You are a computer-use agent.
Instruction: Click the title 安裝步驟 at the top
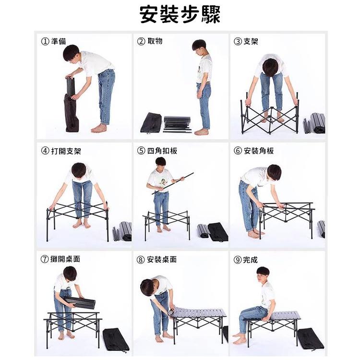(x=180, y=14)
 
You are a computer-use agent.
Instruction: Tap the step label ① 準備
(x=53, y=41)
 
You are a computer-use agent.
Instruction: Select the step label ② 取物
(x=150, y=41)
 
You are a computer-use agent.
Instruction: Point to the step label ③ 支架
(x=246, y=41)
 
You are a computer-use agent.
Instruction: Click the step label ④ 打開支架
(x=61, y=151)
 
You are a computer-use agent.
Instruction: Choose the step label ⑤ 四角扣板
(x=157, y=151)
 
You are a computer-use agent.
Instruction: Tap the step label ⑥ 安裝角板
(x=254, y=151)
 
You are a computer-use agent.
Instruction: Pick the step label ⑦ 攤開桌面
(x=60, y=259)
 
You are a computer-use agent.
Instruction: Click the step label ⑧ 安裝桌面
(x=156, y=260)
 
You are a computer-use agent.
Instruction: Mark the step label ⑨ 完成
(x=245, y=260)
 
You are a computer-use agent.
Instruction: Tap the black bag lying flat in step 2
(x=151, y=122)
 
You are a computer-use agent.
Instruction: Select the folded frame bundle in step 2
(x=177, y=124)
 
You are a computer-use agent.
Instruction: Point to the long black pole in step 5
(x=173, y=183)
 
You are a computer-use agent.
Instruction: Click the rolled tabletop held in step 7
(x=79, y=302)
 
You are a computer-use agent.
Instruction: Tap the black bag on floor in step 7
(x=116, y=339)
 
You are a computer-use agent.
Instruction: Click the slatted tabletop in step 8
(x=198, y=312)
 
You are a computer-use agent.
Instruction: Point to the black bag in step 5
(x=218, y=232)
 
